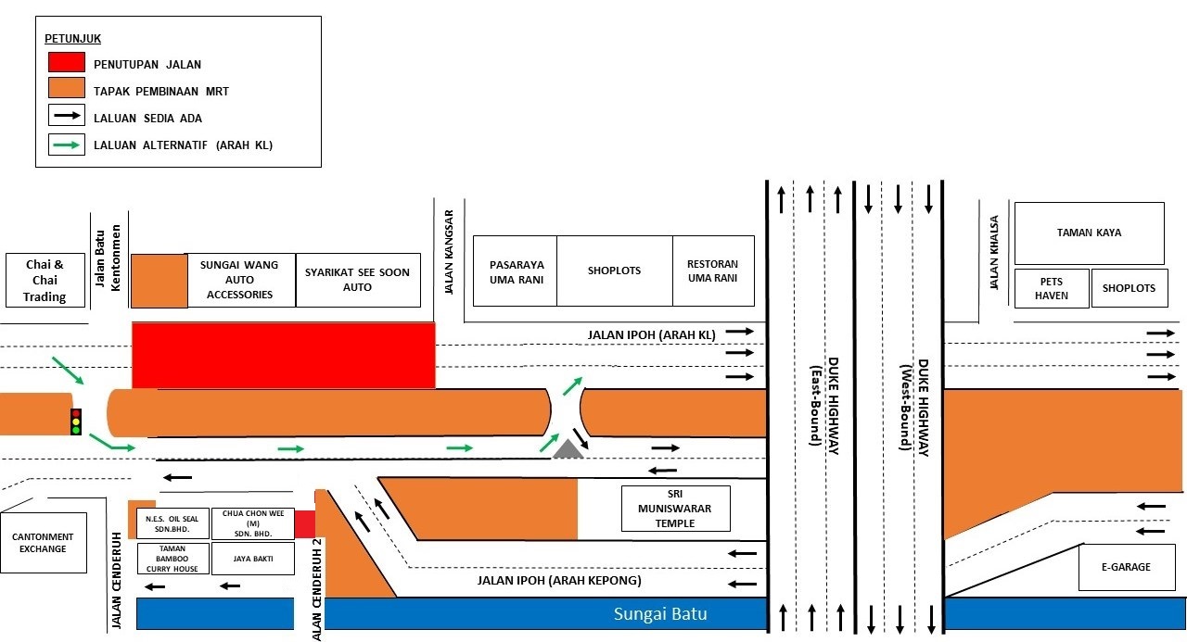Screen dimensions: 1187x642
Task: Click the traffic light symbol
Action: tap(76, 422)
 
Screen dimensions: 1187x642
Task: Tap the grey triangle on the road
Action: tap(568, 449)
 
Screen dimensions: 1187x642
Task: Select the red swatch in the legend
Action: tap(67, 62)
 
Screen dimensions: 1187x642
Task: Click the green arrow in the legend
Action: tap(67, 145)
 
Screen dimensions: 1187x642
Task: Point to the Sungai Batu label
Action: tap(660, 614)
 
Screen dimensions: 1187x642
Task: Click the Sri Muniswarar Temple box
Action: tap(676, 509)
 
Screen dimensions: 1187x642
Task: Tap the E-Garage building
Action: tap(1126, 567)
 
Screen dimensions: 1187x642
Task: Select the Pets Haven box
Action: tap(1052, 288)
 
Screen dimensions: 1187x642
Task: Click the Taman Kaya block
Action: tap(1089, 233)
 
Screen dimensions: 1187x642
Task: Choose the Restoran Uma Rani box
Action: tap(713, 271)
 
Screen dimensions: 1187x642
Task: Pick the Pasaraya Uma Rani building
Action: tap(516, 271)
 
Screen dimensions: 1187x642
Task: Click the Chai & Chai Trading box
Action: tap(45, 280)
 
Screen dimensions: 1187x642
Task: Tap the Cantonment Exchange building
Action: tap(43, 543)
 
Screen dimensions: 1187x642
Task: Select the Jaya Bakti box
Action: tap(253, 559)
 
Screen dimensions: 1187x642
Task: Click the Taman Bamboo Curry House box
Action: tap(172, 559)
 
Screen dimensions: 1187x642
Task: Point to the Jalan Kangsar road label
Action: tap(450, 252)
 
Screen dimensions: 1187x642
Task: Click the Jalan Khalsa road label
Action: tap(994, 252)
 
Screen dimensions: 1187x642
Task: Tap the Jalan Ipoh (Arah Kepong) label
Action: tap(559, 581)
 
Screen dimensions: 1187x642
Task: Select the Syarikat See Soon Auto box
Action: tap(358, 280)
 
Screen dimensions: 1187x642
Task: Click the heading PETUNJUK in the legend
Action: tap(72, 39)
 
